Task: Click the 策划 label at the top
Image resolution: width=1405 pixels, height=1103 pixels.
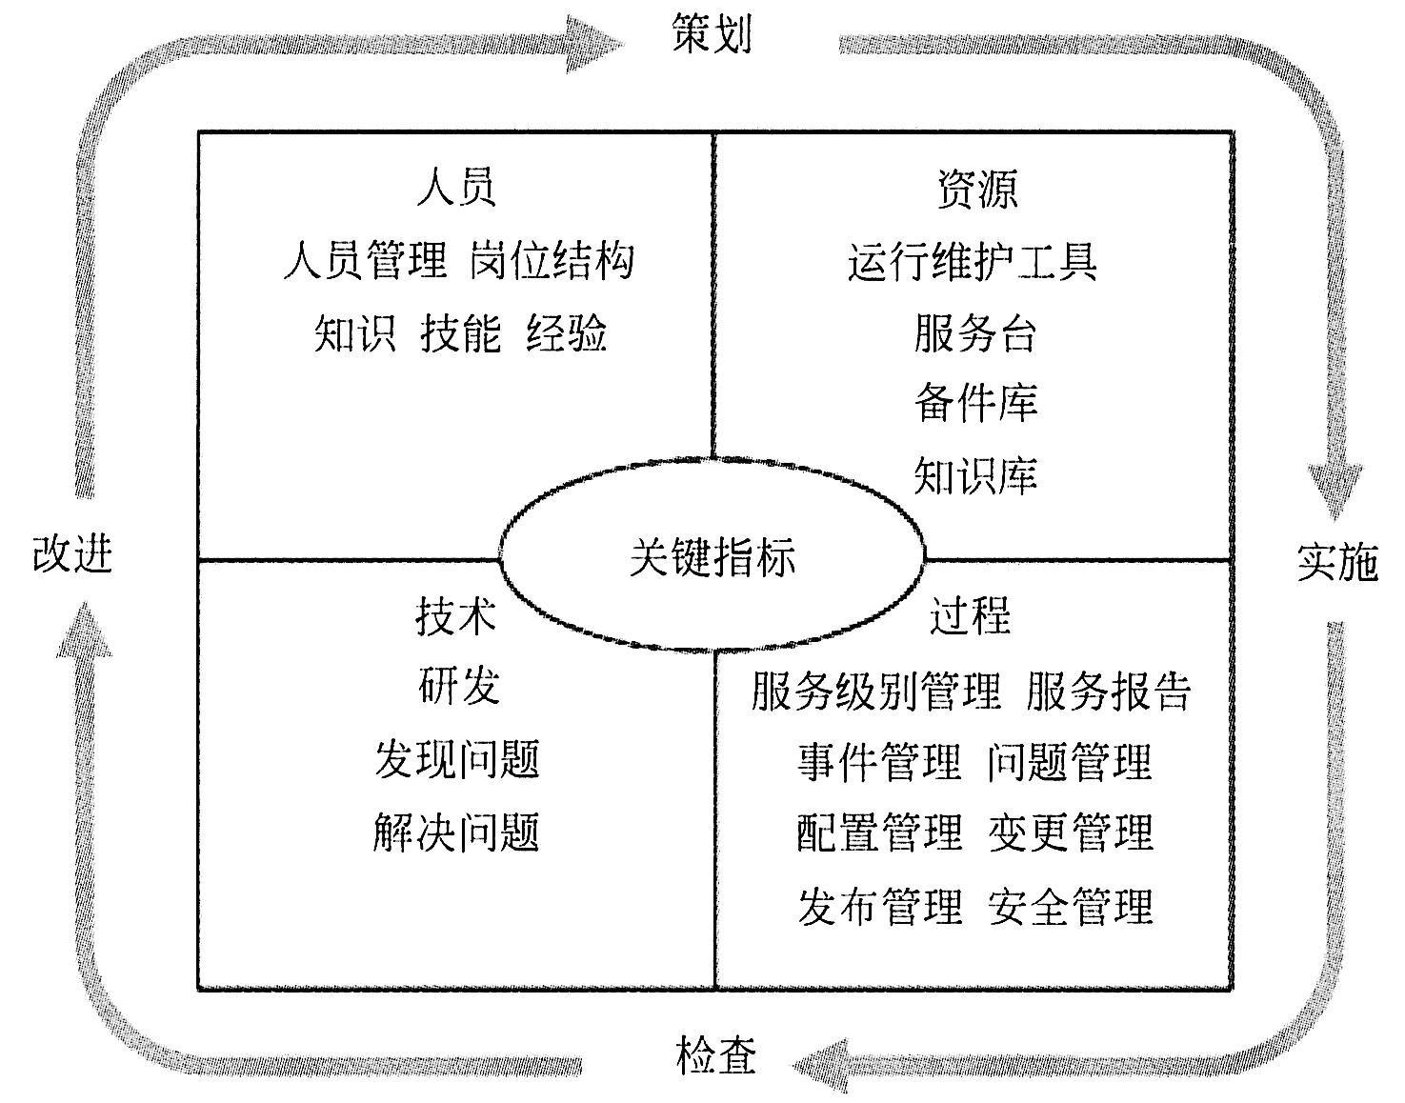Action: (712, 33)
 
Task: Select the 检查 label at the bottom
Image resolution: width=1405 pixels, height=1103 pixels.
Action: (715, 1055)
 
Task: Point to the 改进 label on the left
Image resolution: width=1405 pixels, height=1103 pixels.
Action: (72, 553)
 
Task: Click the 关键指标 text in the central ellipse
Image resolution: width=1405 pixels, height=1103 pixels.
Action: (712, 556)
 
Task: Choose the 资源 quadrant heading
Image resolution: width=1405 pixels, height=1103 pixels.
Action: (977, 188)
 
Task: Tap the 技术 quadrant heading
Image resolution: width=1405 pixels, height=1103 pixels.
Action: (456, 615)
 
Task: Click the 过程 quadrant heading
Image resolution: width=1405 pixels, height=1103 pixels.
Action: (970, 614)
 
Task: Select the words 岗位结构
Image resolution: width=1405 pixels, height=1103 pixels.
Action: (552, 261)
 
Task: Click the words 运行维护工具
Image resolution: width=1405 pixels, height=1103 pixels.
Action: (973, 262)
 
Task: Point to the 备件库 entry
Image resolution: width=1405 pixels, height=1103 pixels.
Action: (975, 403)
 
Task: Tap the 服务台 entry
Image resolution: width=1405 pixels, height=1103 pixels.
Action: (975, 333)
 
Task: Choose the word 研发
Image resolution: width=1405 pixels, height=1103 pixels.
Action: (459, 686)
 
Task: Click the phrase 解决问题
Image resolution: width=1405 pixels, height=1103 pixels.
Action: (456, 832)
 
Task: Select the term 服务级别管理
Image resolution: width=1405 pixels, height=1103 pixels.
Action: (876, 691)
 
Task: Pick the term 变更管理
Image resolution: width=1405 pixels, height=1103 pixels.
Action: (1071, 832)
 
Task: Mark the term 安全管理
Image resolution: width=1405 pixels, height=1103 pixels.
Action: (1071, 906)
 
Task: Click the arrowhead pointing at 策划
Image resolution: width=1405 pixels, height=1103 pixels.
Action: (593, 44)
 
